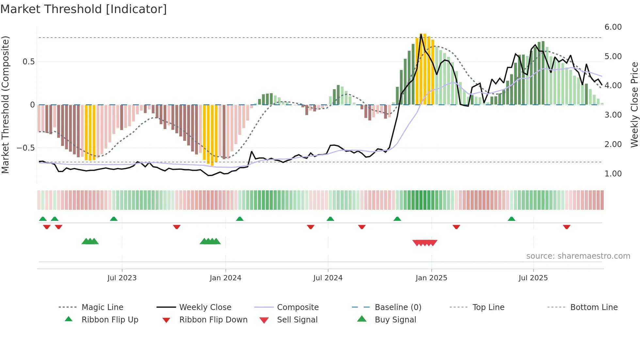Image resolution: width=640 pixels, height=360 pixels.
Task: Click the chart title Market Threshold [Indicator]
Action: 84,9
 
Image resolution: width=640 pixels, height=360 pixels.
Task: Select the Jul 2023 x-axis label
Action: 122,278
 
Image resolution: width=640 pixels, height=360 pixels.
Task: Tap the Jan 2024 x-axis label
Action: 225,278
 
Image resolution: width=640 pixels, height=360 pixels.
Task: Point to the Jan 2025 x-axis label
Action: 431,278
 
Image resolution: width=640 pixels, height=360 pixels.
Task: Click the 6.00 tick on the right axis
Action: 613,27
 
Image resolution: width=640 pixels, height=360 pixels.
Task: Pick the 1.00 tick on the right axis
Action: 613,174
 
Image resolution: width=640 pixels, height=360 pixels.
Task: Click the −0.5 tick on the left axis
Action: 26,148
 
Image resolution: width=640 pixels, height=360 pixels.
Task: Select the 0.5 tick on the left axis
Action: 28,62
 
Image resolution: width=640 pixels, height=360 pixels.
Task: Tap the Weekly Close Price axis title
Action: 634,105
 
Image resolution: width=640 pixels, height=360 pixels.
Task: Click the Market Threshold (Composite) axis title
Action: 5,105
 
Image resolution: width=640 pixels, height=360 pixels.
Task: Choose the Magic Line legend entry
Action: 102,307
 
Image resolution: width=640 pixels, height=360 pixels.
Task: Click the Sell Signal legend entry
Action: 297,320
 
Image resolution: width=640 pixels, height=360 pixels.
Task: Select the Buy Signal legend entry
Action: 395,320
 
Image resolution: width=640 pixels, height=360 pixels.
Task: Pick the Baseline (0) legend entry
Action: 398,307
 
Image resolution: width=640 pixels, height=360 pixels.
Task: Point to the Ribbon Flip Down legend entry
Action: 213,320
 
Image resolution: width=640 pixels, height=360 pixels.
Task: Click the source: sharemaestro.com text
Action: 578,256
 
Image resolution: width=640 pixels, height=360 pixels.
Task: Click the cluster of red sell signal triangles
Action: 424,243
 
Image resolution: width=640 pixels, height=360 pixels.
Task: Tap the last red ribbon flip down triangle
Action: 567,227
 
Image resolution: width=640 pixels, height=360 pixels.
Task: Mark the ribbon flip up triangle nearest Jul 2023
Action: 114,219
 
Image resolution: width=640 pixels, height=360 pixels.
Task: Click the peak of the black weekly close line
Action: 421,34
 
